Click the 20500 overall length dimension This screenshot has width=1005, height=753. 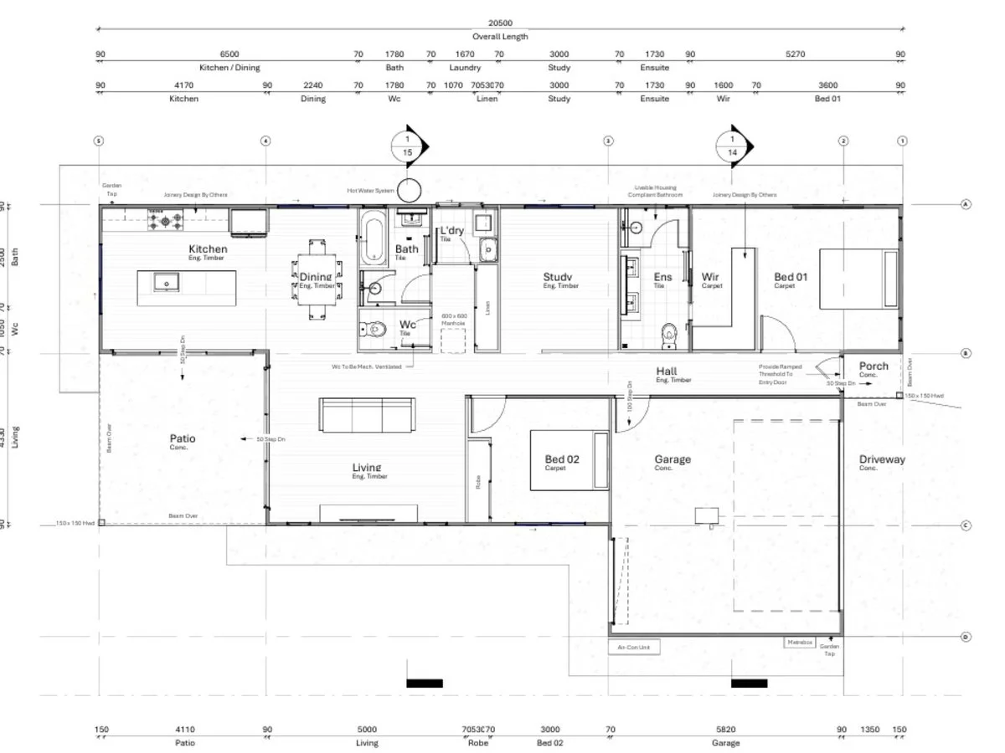click(500, 24)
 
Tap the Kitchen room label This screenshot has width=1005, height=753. click(208, 249)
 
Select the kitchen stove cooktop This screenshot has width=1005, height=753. click(165, 221)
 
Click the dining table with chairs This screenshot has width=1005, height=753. click(316, 279)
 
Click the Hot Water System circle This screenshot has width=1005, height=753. click(409, 190)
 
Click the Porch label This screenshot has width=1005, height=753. click(874, 366)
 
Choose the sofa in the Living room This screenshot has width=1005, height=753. click(367, 414)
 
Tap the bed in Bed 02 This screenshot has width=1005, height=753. click(568, 459)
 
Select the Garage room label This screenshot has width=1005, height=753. click(673, 459)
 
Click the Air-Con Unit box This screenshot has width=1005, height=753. click(634, 647)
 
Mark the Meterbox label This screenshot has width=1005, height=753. click(799, 643)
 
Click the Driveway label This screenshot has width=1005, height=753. click(882, 459)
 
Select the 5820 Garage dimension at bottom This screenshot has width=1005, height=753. click(726, 730)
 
